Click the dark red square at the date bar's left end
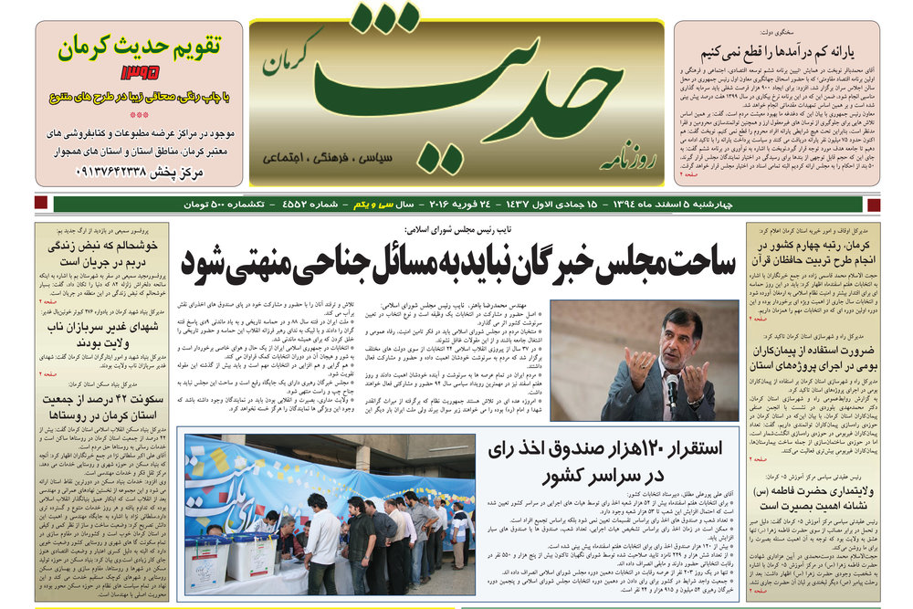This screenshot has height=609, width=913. coord(40,205)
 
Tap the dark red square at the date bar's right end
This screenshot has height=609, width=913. coord(874,205)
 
